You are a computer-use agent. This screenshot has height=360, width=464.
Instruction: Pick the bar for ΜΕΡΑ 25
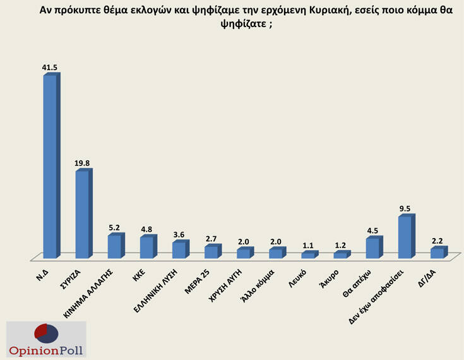211,251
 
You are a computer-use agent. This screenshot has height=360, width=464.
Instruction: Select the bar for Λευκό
307,255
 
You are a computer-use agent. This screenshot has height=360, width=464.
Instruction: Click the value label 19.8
83,163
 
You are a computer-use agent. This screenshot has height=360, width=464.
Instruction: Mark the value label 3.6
180,234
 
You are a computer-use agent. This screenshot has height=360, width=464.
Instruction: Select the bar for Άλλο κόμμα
276,253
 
